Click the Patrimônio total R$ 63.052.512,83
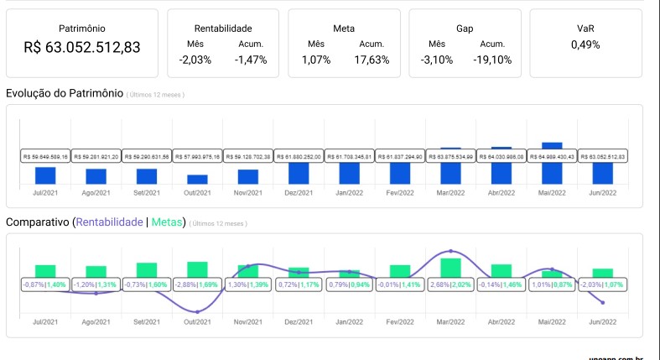[82, 47]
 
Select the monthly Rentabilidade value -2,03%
[195, 60]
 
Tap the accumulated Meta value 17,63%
[372, 60]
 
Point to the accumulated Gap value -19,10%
[492, 60]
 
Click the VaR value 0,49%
[585, 44]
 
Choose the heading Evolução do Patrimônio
[65, 92]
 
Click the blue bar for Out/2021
[197, 179]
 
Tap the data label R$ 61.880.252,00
[299, 156]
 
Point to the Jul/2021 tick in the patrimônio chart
[45, 193]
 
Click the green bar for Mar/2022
[451, 267]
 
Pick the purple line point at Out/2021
[197, 312]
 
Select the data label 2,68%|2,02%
[450, 284]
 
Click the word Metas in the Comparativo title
[168, 222]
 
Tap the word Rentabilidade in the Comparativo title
[109, 222]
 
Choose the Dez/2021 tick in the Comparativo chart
[299, 321]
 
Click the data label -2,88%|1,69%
[197, 284]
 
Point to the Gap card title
[465, 29]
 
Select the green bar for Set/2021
[147, 269]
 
